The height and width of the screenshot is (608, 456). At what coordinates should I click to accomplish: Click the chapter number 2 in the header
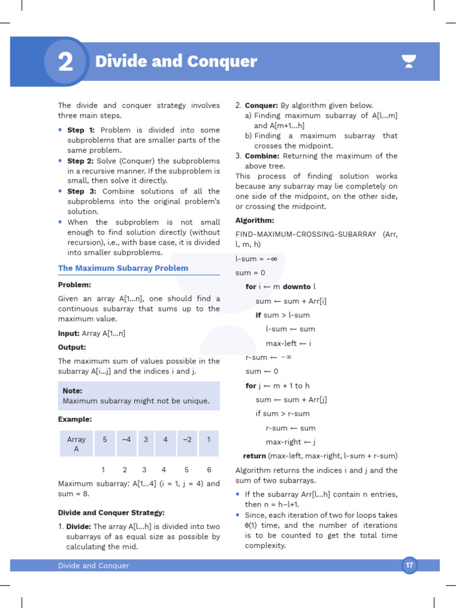tap(65, 62)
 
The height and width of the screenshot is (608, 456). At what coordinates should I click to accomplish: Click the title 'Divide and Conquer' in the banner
tap(176, 62)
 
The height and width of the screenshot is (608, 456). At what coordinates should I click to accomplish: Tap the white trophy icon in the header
tap(408, 61)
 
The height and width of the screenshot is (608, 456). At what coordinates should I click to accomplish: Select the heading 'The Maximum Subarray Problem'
tap(123, 268)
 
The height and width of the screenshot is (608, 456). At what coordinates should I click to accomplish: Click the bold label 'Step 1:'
tap(81, 130)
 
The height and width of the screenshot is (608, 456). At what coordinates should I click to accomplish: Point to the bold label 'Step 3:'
tap(81, 191)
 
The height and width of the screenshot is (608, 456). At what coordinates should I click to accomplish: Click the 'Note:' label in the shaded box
tap(72, 391)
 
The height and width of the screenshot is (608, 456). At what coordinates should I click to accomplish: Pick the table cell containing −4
tap(126, 440)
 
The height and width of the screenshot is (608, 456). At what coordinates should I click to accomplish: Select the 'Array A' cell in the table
tap(76, 444)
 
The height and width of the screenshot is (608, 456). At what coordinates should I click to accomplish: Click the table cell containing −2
tap(186, 440)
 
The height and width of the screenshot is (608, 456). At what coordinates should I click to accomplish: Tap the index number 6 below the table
tap(209, 470)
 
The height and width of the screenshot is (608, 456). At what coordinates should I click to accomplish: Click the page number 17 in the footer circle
tap(409, 566)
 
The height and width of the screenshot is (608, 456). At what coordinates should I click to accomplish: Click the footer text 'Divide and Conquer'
tap(93, 566)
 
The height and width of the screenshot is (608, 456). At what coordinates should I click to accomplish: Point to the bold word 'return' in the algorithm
tap(254, 456)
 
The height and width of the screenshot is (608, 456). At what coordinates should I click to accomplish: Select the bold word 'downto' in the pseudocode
tap(296, 287)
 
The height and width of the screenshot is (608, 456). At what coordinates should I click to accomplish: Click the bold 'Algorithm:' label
tap(255, 220)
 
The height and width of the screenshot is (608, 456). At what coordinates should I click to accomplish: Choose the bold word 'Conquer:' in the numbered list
tap(262, 106)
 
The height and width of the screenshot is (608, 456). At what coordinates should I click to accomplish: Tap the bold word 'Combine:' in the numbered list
tap(262, 156)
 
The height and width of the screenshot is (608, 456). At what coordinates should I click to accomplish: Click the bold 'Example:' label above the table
tap(75, 419)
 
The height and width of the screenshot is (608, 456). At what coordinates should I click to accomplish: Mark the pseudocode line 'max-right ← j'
tap(290, 442)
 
